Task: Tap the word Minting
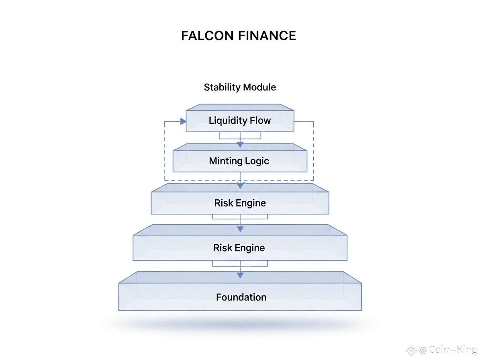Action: pos(225,161)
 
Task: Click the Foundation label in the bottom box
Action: pos(241,297)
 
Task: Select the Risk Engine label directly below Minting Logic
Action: pos(240,203)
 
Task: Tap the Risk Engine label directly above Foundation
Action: pos(239,248)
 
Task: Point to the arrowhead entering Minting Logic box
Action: pos(240,144)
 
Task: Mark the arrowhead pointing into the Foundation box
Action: pos(240,275)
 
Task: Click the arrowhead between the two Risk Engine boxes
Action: pos(240,229)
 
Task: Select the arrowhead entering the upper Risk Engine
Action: pos(240,185)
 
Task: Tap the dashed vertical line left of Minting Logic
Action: pos(165,153)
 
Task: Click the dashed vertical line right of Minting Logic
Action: pos(313,153)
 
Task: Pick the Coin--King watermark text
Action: pos(453,350)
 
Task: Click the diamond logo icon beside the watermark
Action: pos(411,350)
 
